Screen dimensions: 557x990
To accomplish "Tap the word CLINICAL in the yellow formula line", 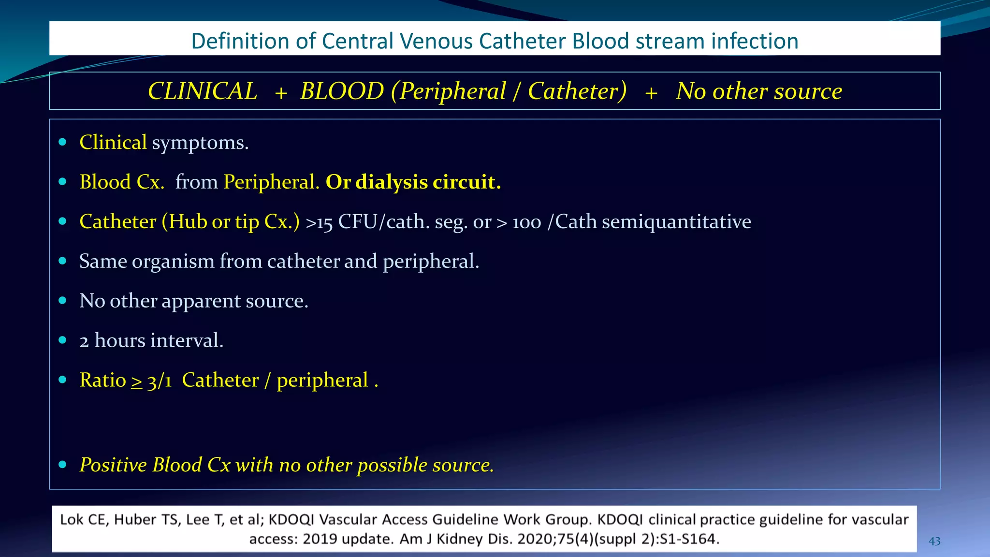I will (x=203, y=91).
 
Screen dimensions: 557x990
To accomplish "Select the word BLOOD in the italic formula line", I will (x=342, y=91).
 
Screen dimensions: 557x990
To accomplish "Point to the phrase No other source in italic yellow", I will (x=759, y=91).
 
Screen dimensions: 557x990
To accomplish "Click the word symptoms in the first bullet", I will (x=200, y=143).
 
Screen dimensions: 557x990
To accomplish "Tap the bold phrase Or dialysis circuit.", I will (x=413, y=182).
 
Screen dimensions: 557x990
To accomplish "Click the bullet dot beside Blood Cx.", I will (x=62, y=182).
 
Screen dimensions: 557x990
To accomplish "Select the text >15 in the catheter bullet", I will (x=319, y=222).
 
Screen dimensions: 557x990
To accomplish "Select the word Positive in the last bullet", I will (x=113, y=465).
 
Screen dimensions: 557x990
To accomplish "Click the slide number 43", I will (x=934, y=541).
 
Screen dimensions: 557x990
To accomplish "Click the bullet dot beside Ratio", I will (x=62, y=380).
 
